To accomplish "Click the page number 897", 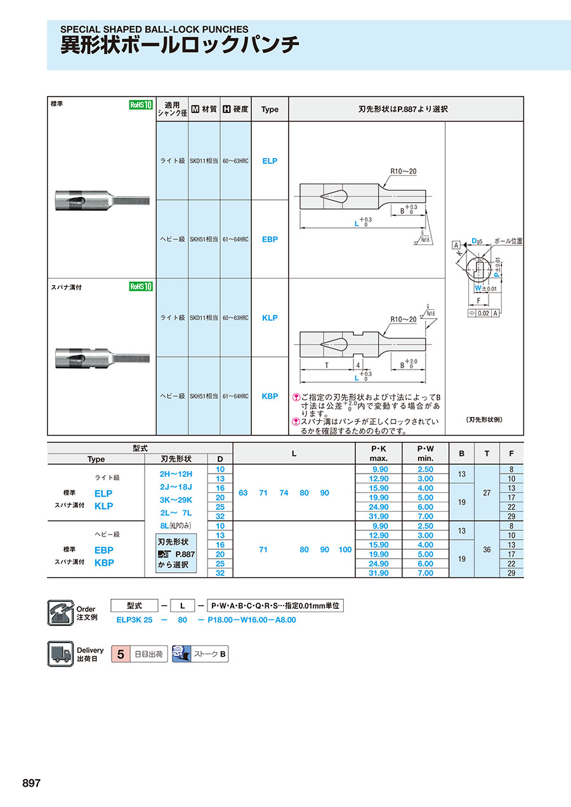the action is tap(31, 783).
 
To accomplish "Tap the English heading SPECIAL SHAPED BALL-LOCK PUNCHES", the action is tap(154, 29).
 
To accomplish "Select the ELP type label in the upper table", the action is tap(270, 161).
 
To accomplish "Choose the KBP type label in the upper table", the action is tap(270, 396).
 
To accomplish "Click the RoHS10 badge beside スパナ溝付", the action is tap(141, 286).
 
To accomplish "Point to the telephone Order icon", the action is tap(60, 613).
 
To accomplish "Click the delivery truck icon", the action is tap(60, 654).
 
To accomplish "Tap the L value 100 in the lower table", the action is tap(345, 549).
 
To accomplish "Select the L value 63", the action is tap(243, 493).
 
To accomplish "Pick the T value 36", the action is tap(487, 549).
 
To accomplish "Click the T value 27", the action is tap(487, 493).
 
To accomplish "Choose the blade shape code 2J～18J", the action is tap(176, 487).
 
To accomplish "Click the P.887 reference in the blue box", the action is tap(185, 554).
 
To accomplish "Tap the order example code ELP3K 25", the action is tap(135, 620).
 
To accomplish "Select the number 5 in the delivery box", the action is tap(121, 654).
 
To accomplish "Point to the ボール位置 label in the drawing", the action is tap(508, 241).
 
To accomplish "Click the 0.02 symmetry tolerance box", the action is tap(483, 313).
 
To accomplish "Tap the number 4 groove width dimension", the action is tap(358, 365).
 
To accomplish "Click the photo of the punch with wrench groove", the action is tap(103, 357).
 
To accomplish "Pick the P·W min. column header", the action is tap(425, 453).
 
